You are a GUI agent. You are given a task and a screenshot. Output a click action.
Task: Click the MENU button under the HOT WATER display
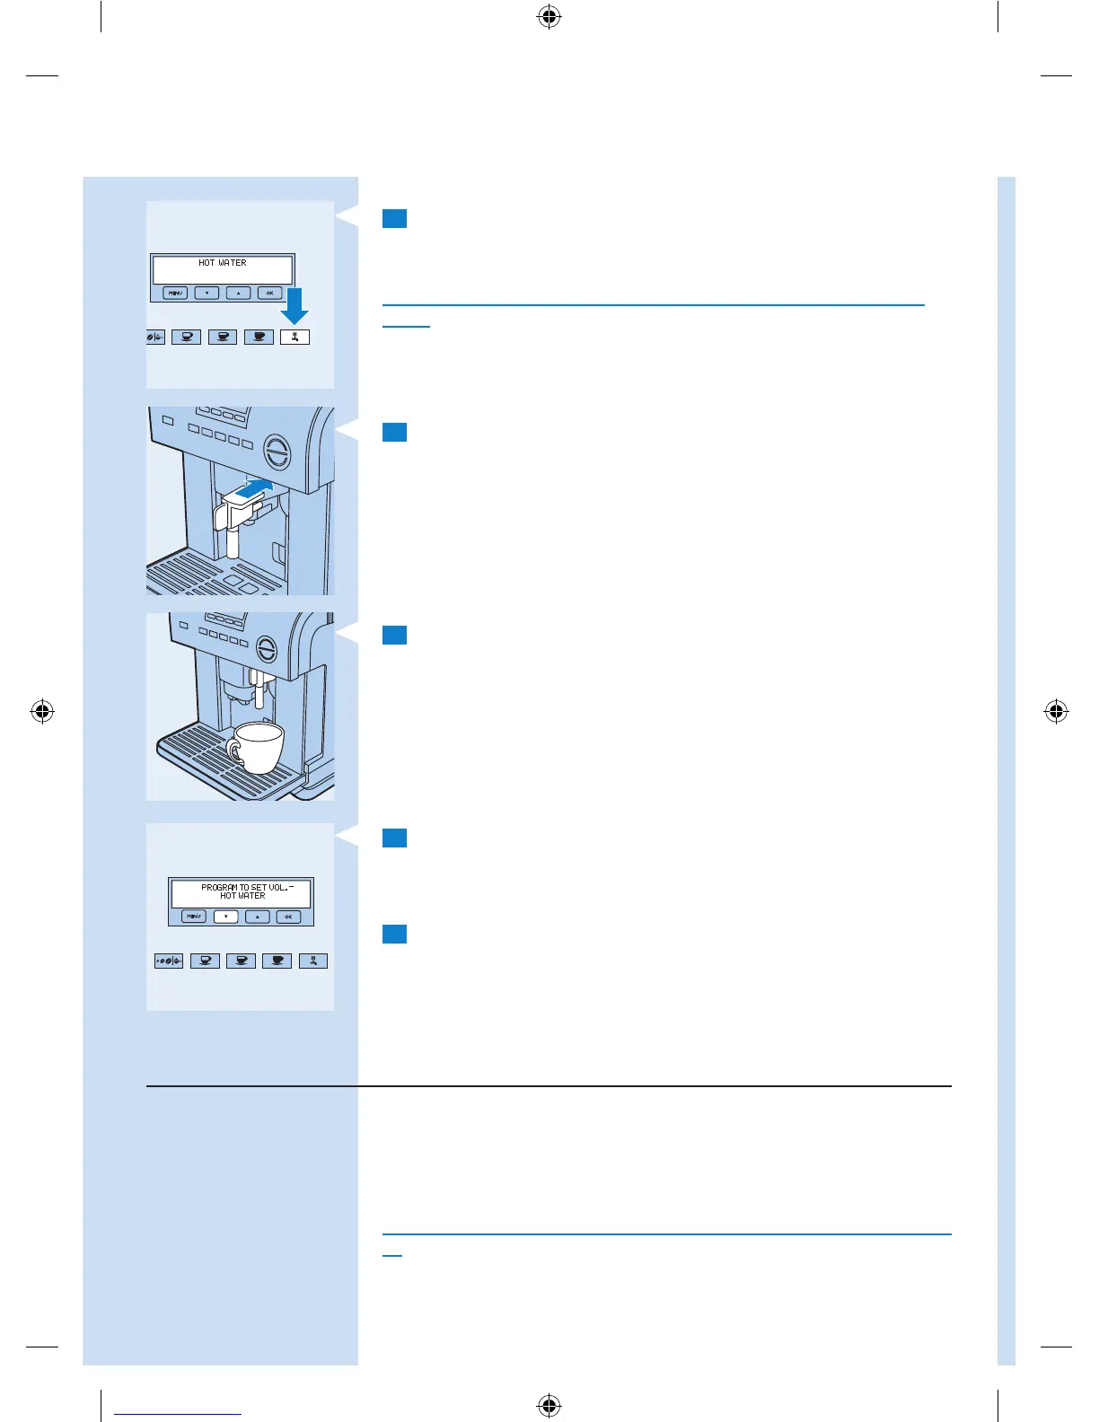(175, 293)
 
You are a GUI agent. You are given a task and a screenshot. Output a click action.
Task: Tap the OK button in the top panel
(269, 293)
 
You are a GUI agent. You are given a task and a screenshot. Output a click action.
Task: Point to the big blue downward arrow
(295, 306)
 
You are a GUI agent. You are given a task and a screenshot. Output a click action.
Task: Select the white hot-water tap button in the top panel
(295, 338)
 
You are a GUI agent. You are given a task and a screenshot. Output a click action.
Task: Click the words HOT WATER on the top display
(223, 263)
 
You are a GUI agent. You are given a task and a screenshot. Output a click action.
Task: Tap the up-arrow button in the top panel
(238, 293)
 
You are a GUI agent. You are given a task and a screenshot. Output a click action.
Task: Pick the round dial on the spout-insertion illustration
(277, 452)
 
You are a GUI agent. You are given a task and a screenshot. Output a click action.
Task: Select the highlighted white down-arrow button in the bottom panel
(225, 917)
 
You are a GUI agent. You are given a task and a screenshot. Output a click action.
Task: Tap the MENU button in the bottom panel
(194, 917)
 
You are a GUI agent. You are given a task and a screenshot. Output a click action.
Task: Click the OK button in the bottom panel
(288, 917)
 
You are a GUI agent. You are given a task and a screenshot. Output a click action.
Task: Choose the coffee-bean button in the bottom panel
(168, 961)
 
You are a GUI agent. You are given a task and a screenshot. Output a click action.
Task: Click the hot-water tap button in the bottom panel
(313, 961)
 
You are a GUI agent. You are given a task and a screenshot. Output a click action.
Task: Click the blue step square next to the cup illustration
(394, 635)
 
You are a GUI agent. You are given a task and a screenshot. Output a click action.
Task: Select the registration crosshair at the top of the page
(549, 16)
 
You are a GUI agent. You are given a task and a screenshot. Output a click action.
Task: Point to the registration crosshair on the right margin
(1056, 712)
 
